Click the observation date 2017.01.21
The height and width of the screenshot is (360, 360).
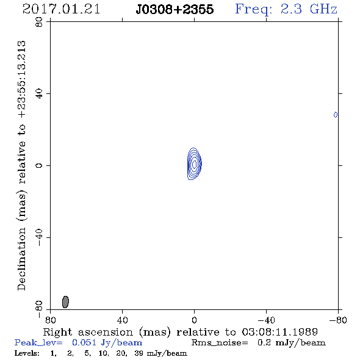(x=61, y=9)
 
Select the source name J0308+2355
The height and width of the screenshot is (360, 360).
(x=175, y=9)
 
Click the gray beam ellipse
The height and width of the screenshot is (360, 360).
(x=65, y=301)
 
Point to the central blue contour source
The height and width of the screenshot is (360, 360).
(x=195, y=164)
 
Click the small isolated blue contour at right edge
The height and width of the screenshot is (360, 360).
(x=336, y=115)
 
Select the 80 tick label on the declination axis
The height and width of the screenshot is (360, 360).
(x=39, y=22)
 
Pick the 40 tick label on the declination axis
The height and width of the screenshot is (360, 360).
(x=39, y=94)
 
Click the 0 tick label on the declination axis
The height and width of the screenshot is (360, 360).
(x=39, y=165)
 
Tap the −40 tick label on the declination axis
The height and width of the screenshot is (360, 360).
(x=39, y=237)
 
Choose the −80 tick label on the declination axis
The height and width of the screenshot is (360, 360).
(x=39, y=309)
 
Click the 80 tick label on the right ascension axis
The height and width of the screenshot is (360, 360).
(x=50, y=320)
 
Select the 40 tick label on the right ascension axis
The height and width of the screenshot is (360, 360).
(x=122, y=320)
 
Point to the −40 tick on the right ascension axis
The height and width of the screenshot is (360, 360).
(x=266, y=320)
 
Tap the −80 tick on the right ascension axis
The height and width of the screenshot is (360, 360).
(x=338, y=320)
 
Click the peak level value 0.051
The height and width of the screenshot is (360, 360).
(x=84, y=342)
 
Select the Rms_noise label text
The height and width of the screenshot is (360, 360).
(x=220, y=343)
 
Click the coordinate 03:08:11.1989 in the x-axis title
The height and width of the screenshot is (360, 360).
(x=280, y=332)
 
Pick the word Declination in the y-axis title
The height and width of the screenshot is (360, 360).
(x=21, y=259)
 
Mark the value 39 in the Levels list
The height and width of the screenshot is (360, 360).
(x=139, y=353)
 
